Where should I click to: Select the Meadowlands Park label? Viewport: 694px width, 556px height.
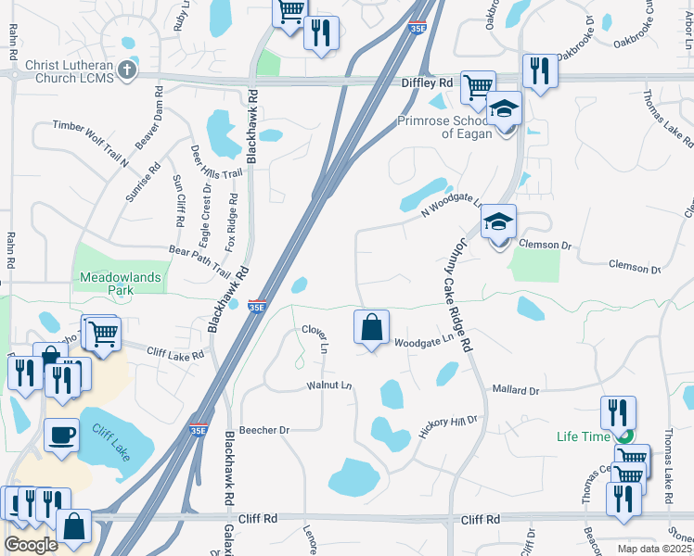tap(121, 284)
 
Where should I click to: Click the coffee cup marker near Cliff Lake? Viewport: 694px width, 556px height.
tap(62, 435)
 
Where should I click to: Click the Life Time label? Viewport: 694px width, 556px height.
tap(583, 436)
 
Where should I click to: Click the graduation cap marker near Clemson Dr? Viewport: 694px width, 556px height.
tap(498, 223)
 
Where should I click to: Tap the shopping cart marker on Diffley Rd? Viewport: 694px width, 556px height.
tap(477, 88)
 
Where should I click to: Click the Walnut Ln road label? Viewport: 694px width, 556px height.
tap(329, 385)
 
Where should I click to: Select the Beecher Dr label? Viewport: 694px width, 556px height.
tap(264, 430)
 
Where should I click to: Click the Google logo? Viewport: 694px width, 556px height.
tap(31, 545)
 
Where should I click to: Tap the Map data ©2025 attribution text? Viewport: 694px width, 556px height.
tap(654, 549)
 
